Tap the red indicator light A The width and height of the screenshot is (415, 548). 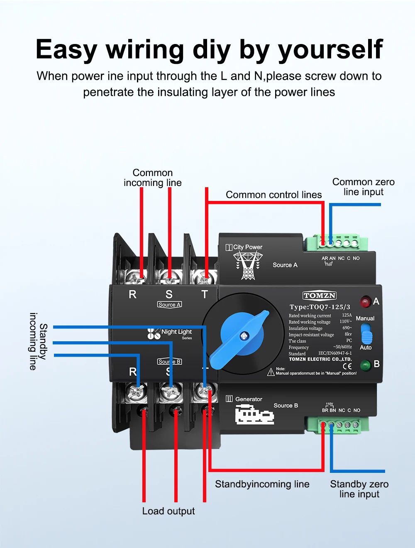pyautogui.click(x=365, y=302)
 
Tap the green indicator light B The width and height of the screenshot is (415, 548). pyautogui.click(x=365, y=365)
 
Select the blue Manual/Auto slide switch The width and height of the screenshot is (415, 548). pyautogui.click(x=366, y=334)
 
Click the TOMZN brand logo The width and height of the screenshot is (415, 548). pyautogui.click(x=319, y=296)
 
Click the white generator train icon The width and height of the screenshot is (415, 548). pyautogui.click(x=254, y=415)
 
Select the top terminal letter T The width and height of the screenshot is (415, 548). pyautogui.click(x=205, y=294)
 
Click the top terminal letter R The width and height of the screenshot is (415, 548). pyautogui.click(x=132, y=294)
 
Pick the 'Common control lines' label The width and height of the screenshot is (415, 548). pyautogui.click(x=273, y=195)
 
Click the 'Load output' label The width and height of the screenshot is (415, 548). pyautogui.click(x=168, y=511)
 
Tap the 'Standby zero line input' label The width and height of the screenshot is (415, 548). pyautogui.click(x=359, y=489)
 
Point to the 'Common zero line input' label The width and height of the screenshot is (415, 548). pyautogui.click(x=363, y=187)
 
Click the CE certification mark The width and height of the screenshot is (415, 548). pyautogui.click(x=347, y=366)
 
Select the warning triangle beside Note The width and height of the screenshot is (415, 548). pyautogui.click(x=271, y=372)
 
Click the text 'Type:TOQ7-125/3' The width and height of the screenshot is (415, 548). pyautogui.click(x=320, y=307)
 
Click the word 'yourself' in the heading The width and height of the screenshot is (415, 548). pyautogui.click(x=330, y=50)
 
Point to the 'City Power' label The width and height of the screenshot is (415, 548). pyautogui.click(x=247, y=247)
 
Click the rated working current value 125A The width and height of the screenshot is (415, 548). pyautogui.click(x=347, y=315)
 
